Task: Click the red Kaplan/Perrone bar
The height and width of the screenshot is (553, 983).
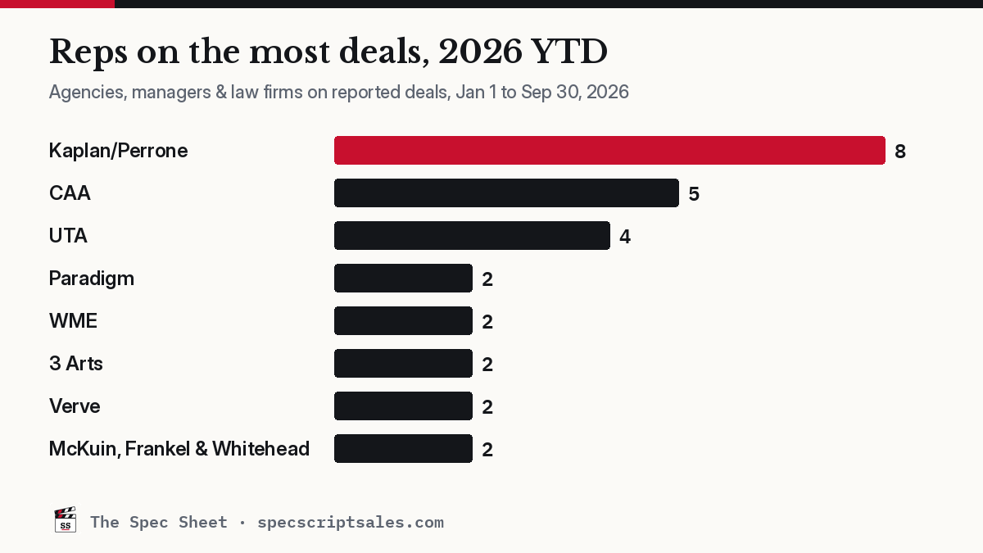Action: click(609, 151)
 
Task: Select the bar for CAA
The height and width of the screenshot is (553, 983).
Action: click(506, 193)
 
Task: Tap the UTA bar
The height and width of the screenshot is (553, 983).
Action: click(472, 236)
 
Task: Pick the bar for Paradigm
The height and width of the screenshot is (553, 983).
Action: click(403, 279)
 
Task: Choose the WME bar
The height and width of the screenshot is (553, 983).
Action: click(403, 321)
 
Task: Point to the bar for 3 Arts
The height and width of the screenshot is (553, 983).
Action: click(403, 364)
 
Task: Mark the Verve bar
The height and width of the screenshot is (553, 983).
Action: click(403, 406)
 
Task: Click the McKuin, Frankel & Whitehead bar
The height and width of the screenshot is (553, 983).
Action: click(403, 449)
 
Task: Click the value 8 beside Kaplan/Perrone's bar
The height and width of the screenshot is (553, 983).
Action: click(900, 152)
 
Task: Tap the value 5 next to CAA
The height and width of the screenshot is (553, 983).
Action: click(694, 194)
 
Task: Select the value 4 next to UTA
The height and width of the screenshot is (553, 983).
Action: click(625, 237)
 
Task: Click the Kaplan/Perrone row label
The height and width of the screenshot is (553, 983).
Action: click(119, 151)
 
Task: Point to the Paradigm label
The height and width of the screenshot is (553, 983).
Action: click(92, 279)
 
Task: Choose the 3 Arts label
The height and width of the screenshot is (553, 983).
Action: click(76, 364)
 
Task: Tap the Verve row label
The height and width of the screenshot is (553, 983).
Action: click(75, 406)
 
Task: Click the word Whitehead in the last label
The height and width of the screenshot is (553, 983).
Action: click(261, 449)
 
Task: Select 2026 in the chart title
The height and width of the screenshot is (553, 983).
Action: click(480, 52)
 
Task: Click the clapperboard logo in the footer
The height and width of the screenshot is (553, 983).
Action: click(65, 519)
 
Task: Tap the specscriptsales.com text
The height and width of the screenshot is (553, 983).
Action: click(351, 523)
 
